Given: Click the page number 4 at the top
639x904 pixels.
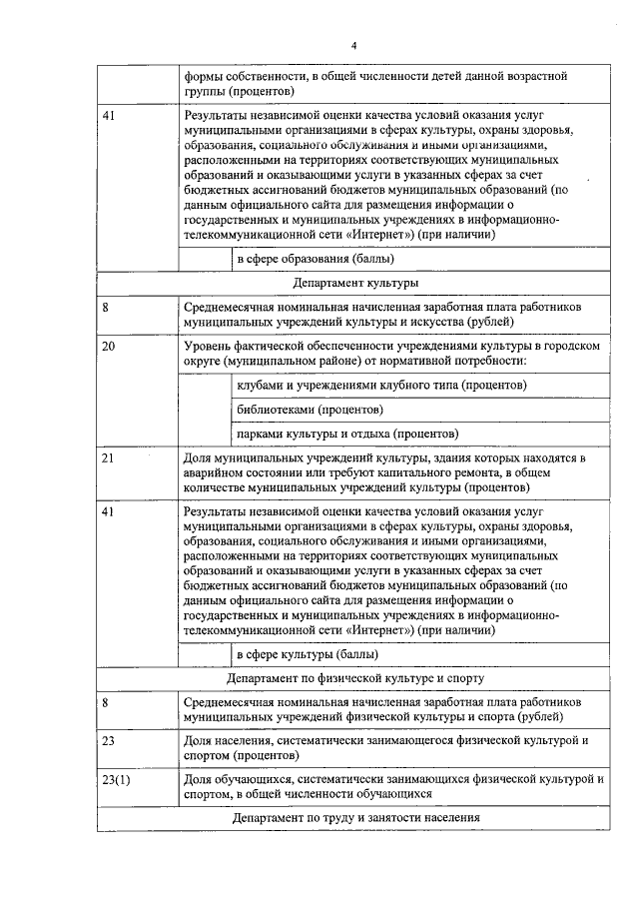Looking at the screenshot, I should click(x=353, y=45).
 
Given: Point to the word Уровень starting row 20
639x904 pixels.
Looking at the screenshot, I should click(x=208, y=346).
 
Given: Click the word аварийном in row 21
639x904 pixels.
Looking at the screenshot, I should click(x=217, y=473).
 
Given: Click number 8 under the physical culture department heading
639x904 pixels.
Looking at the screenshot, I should click(x=105, y=702).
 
